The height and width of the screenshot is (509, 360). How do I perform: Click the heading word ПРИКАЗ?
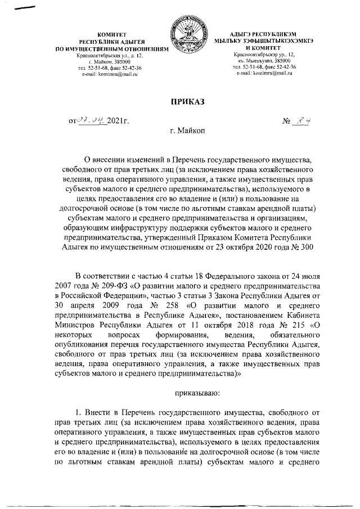[187, 101]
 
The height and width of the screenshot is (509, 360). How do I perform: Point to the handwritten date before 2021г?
[94, 119]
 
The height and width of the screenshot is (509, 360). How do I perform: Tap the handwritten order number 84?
[305, 119]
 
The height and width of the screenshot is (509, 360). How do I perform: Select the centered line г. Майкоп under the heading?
[187, 131]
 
